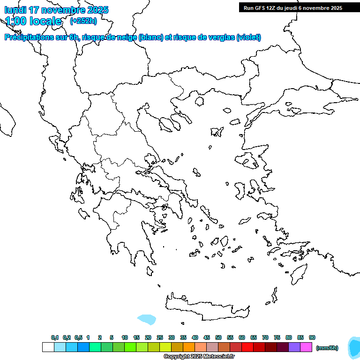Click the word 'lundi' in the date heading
[15, 10]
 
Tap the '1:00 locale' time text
[33, 21]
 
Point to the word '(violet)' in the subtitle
[249, 37]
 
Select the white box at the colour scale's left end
[48, 347]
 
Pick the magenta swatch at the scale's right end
[306, 347]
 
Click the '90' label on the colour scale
[312, 337]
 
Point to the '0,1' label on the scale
[55, 337]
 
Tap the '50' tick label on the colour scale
[218, 337]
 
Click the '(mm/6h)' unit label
[327, 348]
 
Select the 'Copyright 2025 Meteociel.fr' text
[199, 357]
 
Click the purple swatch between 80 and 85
[294, 347]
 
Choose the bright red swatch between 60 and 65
[247, 347]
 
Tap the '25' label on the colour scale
[160, 337]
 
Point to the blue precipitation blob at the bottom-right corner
[354, 347]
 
